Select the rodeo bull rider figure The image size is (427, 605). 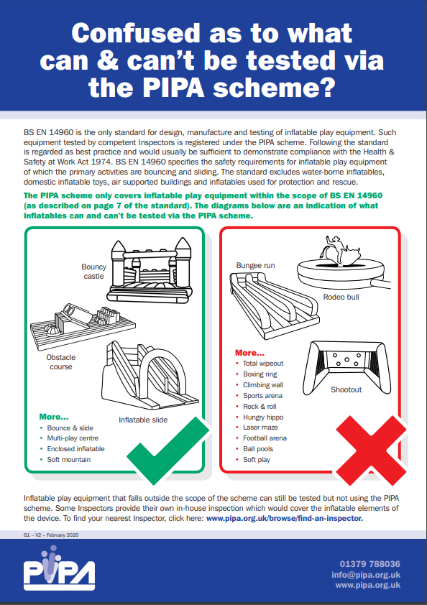[x=337, y=251]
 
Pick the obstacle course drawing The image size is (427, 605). [x=83, y=326]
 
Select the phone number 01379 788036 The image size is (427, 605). [x=369, y=564]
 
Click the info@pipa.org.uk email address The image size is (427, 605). [x=366, y=575]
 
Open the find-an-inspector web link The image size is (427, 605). [x=285, y=518]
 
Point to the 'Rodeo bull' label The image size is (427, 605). [x=341, y=297]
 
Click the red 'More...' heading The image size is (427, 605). [x=249, y=353]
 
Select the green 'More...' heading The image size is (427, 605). [x=54, y=417]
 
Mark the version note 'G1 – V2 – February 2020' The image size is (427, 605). [x=51, y=535]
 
